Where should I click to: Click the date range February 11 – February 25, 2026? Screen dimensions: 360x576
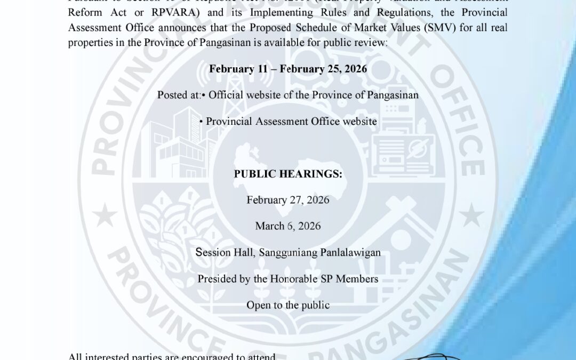(x=288, y=69)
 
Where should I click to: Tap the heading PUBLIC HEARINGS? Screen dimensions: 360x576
(x=288, y=174)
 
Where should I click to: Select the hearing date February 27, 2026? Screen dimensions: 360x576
(x=288, y=200)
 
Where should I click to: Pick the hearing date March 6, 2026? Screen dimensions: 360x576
(x=288, y=226)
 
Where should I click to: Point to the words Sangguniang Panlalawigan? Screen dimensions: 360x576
(x=319, y=252)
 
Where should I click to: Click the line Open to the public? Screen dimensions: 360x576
(x=288, y=305)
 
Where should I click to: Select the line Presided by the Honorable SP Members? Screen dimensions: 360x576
(x=288, y=279)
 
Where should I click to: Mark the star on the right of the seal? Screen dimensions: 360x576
(x=471, y=217)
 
